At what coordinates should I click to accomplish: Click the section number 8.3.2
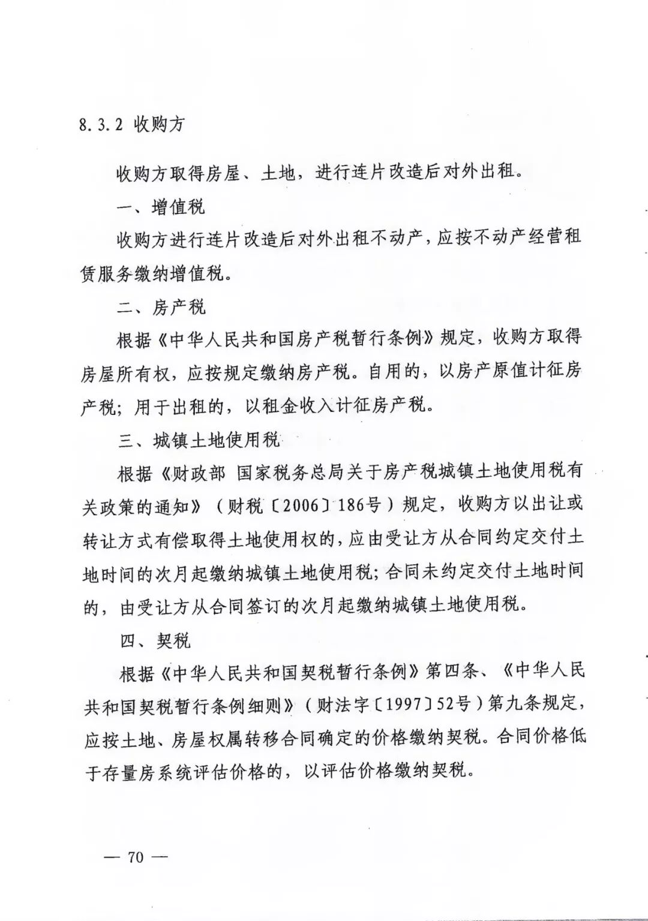coord(101,125)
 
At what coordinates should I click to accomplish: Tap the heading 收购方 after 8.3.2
coord(159,125)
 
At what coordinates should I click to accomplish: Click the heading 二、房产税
coord(161,308)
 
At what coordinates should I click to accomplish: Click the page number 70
coord(136,856)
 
